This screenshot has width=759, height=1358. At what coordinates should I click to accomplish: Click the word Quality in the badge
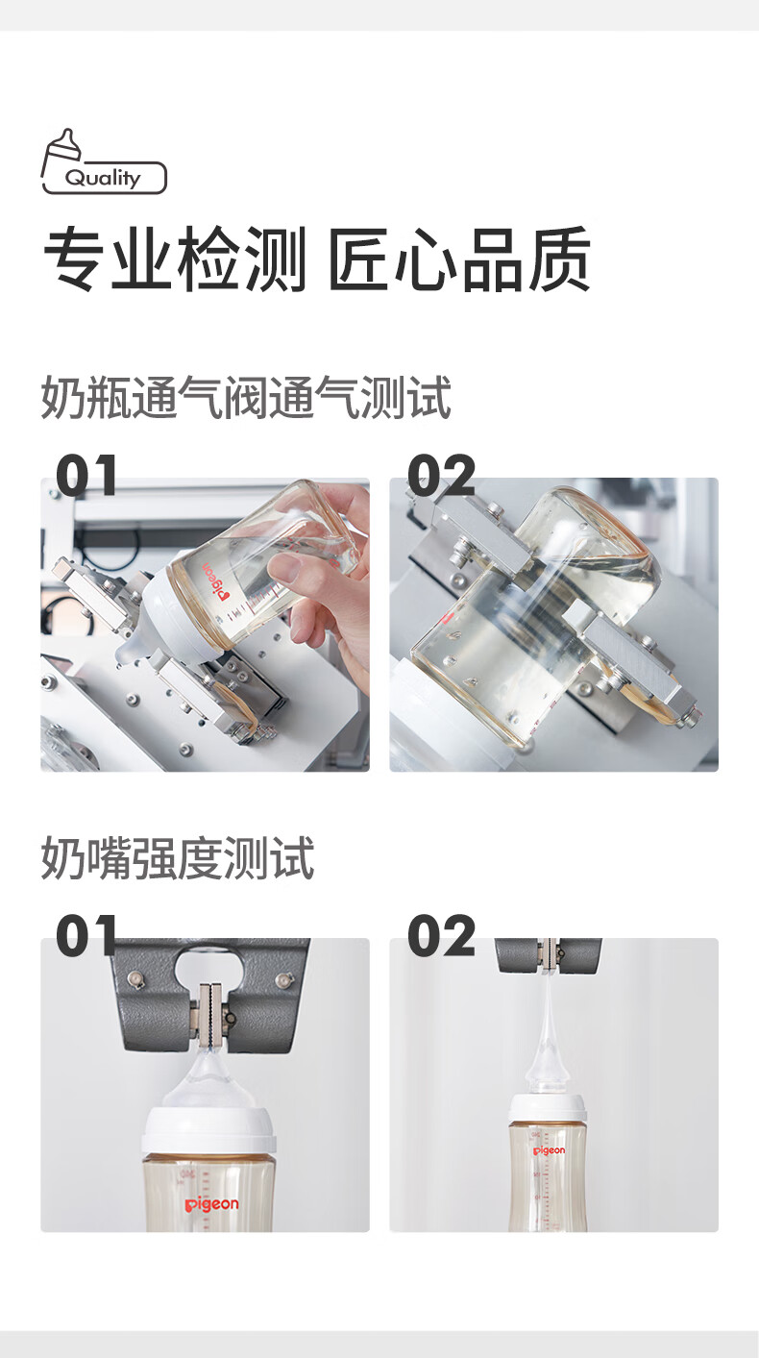coord(103,178)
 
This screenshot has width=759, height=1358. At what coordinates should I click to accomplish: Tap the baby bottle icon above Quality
coord(61,152)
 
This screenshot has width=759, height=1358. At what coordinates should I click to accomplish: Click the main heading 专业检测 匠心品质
coord(317,259)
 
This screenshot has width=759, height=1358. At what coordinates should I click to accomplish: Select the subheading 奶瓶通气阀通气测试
coord(246,398)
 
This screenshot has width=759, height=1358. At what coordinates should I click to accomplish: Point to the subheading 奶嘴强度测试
coord(178,858)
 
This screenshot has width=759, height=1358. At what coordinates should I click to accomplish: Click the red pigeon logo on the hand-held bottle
coord(216,581)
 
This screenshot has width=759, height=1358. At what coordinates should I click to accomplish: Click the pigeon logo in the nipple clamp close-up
coord(211,1204)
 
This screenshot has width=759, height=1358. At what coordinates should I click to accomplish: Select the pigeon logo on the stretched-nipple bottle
coord(549,1150)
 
